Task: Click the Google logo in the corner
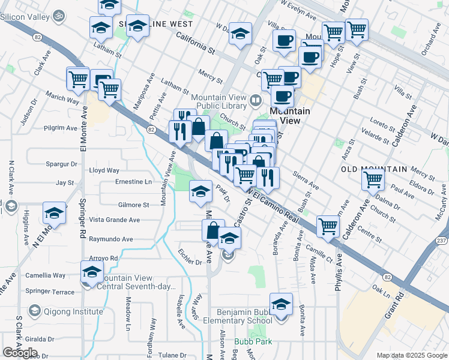(19, 353)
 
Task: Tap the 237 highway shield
(442, 241)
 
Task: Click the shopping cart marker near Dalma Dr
(373, 178)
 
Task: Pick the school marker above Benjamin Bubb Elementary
(280, 304)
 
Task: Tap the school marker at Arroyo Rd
(92, 272)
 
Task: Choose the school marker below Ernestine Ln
(200, 191)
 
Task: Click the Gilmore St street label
(134, 205)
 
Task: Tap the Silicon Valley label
(25, 15)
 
